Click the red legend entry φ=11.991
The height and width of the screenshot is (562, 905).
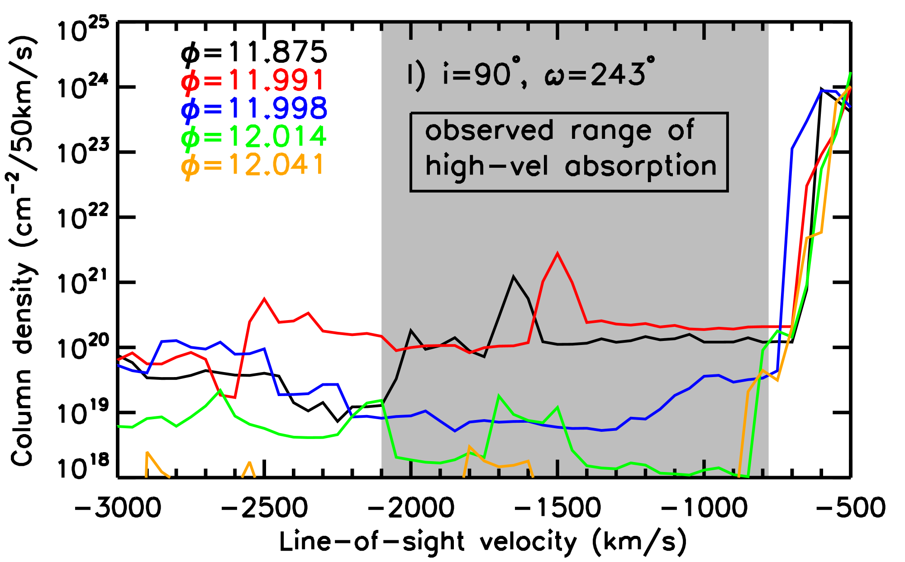pos(252,80)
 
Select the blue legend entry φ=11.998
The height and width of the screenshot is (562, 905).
pos(254,109)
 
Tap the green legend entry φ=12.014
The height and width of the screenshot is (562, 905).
pos(253,136)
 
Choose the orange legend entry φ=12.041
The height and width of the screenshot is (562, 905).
pos(252,164)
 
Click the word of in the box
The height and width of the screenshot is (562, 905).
pos(681,130)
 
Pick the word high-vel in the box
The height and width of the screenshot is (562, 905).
pos(487,166)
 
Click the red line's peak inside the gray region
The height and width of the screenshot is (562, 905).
pos(557,254)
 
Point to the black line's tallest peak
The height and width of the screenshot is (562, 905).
pos(513,276)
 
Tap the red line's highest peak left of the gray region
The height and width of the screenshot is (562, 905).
pos(264,298)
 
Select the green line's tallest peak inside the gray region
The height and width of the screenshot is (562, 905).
pos(499,396)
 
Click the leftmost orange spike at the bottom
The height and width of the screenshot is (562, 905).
pos(148,453)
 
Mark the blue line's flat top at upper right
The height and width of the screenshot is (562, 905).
pos(828,91)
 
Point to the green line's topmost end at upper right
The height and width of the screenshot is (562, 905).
pos(851,73)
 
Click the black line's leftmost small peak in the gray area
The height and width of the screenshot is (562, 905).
pos(411,331)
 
